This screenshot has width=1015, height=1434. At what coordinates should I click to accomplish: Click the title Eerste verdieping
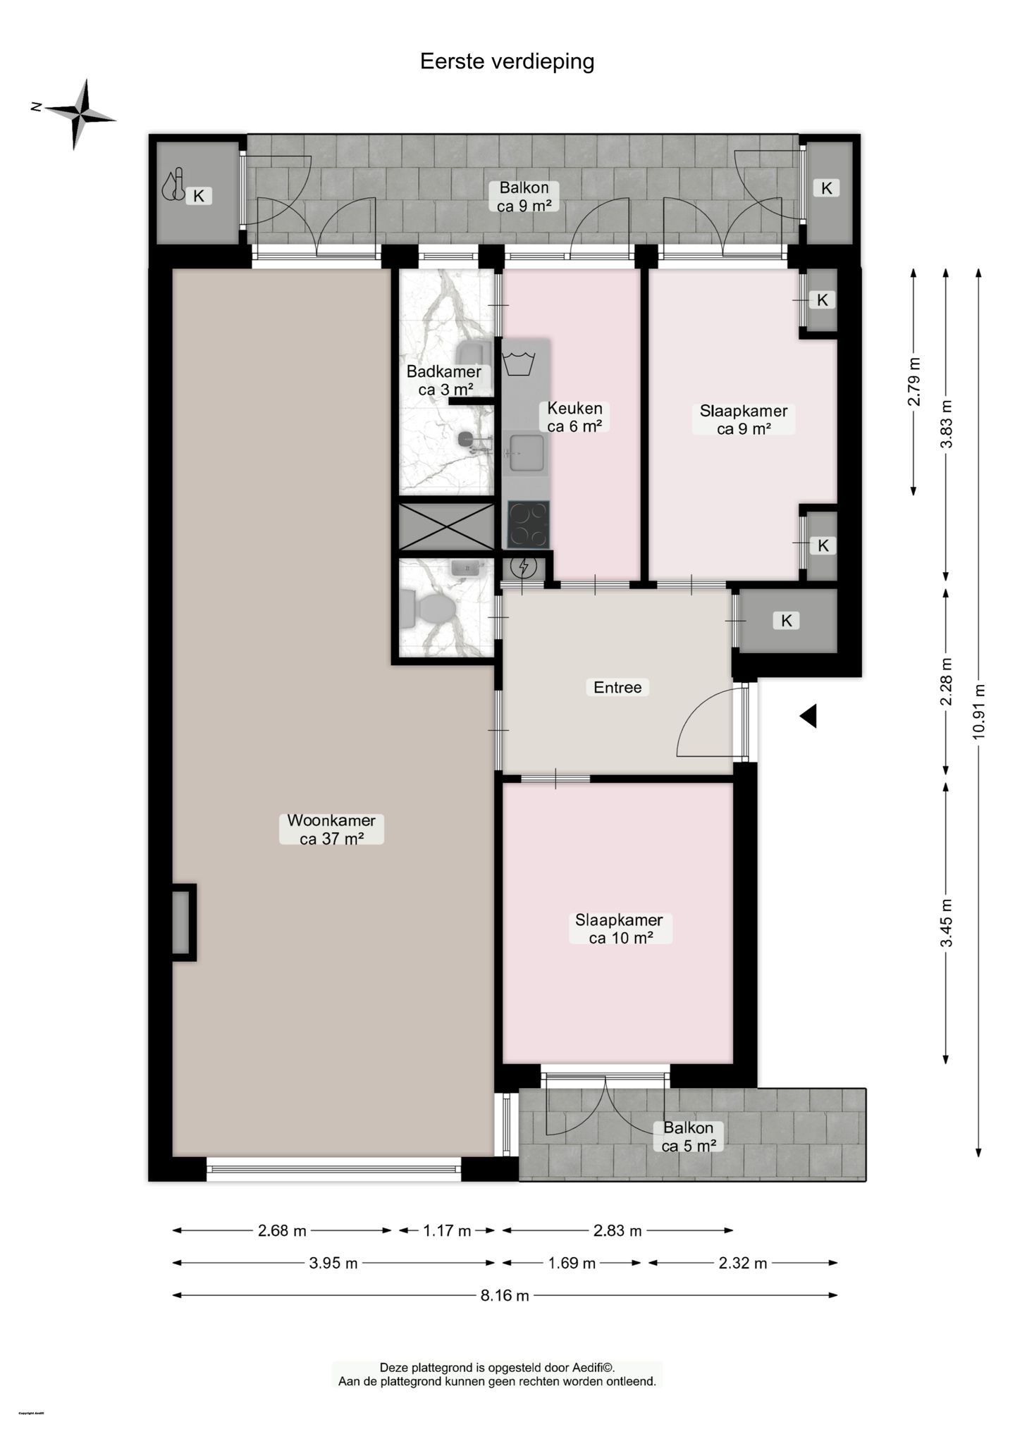(507, 62)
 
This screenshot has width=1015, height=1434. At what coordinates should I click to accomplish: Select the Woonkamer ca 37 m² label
(331, 829)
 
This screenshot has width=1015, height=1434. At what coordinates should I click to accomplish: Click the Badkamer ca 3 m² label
(444, 381)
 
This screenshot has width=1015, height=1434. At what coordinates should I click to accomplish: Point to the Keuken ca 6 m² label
(574, 417)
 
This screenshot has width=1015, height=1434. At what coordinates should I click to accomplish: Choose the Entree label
(617, 687)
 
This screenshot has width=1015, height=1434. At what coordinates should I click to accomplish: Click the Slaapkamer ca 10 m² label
(619, 929)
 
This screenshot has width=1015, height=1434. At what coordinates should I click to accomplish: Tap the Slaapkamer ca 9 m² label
(743, 420)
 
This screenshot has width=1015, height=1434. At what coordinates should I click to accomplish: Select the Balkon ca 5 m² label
(689, 1137)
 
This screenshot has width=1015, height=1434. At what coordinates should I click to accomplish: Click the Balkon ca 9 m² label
(524, 197)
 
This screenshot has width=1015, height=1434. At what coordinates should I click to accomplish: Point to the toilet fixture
(426, 607)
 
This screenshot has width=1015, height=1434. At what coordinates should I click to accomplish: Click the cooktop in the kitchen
(528, 524)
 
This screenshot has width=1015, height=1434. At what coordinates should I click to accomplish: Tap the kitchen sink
(526, 453)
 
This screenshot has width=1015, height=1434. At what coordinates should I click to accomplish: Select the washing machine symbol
(519, 364)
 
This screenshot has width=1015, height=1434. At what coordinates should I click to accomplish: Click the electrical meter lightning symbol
(524, 566)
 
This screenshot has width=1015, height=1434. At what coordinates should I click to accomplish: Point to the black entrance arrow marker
(808, 716)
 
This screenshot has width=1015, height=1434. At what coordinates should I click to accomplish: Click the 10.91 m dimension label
(978, 711)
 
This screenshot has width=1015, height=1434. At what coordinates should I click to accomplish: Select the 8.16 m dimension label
(505, 1295)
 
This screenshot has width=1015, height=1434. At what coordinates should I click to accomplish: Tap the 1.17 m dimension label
(447, 1231)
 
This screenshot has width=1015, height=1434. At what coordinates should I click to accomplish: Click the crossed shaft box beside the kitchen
(446, 526)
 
